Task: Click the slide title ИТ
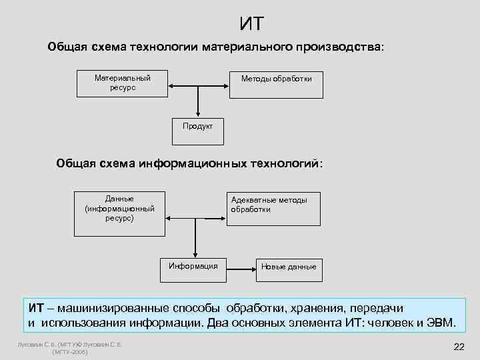coord(251,25)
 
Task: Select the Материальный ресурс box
coord(123,84)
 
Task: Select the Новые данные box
coord(288,268)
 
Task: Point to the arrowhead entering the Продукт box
coord(197,114)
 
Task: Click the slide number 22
coord(458,347)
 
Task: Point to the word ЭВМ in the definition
coord(440,323)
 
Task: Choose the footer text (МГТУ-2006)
coord(69,351)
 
